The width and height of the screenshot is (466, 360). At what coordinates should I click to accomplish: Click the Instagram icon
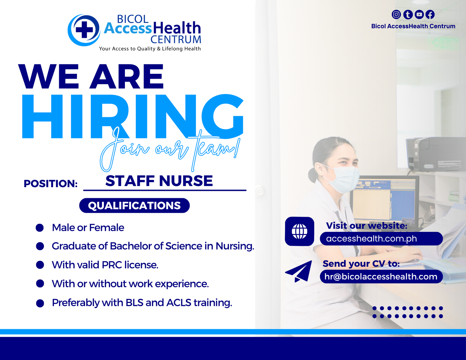pyautogui.click(x=396, y=14)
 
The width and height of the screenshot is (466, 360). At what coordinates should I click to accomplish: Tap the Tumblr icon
pyautogui.click(x=408, y=14)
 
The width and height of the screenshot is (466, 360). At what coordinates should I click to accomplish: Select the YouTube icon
pyautogui.click(x=419, y=14)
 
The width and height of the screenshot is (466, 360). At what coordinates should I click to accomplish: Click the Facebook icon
pyautogui.click(x=430, y=14)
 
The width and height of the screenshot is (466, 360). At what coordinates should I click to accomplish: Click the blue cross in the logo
pyautogui.click(x=84, y=30)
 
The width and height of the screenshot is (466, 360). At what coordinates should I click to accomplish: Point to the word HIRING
pyautogui.click(x=133, y=116)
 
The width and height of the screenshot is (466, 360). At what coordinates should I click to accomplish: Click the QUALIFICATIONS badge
pyautogui.click(x=135, y=205)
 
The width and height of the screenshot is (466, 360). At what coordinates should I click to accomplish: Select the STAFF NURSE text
pyautogui.click(x=159, y=181)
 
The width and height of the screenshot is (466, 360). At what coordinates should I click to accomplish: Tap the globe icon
pyautogui.click(x=300, y=231)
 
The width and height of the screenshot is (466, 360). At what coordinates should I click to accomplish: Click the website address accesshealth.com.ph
pyautogui.click(x=371, y=239)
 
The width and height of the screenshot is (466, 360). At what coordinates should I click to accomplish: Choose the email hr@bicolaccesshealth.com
pyautogui.click(x=381, y=276)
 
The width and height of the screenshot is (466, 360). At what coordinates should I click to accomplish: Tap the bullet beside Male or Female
pyautogui.click(x=40, y=228)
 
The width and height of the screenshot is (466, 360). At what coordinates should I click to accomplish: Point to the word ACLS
pyautogui.click(x=179, y=303)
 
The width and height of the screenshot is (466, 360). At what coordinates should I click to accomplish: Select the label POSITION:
pyautogui.click(x=51, y=184)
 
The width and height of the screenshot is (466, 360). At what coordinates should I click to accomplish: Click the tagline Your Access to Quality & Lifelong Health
pyautogui.click(x=150, y=49)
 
